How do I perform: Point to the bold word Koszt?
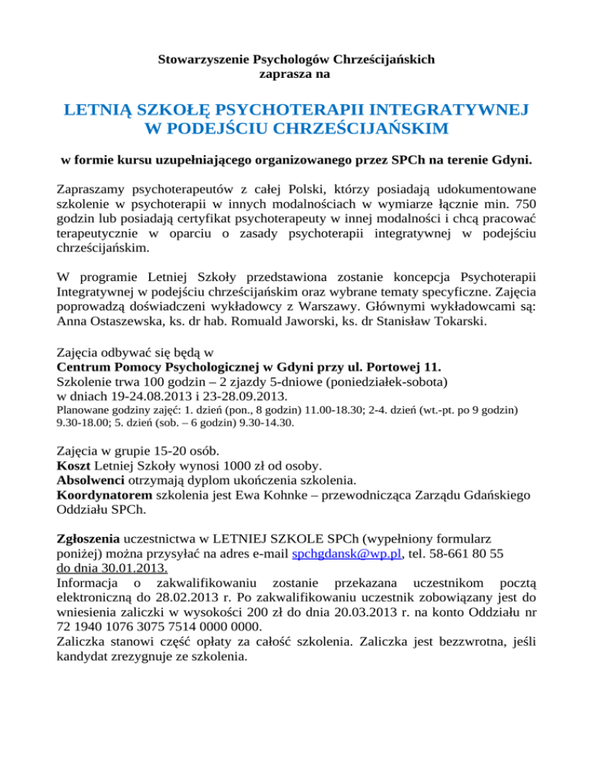tap(75, 465)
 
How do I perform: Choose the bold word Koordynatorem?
tap(105, 496)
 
